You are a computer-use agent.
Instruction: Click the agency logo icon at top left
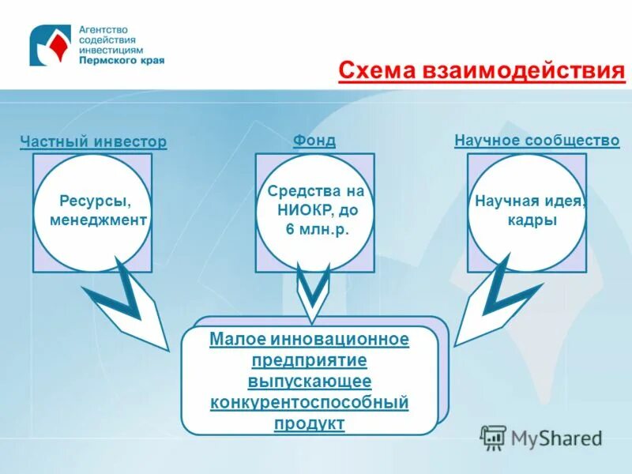coord(50,45)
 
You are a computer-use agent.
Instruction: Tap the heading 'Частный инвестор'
coord(93,142)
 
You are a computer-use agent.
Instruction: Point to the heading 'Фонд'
coord(314,141)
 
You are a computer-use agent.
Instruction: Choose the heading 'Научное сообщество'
coord(537,141)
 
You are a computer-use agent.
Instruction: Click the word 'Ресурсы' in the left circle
coord(95,201)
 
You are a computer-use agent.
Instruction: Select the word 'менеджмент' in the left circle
coord(98,220)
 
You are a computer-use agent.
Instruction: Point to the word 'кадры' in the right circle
coord(532,220)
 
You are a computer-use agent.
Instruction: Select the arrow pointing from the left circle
coord(126,304)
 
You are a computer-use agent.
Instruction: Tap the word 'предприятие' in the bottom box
coord(310,360)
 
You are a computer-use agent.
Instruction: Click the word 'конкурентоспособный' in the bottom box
coord(310,402)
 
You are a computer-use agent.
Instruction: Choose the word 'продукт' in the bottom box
coord(310,423)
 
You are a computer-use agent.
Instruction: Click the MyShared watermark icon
coord(494,437)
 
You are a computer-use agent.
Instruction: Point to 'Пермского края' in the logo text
coord(121,60)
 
